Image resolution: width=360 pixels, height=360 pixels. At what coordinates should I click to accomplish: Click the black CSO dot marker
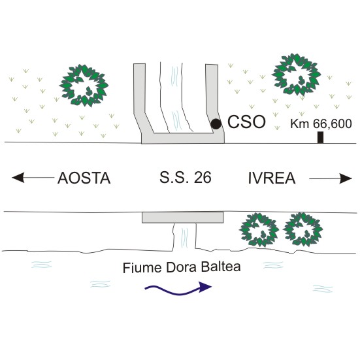coord(216,124)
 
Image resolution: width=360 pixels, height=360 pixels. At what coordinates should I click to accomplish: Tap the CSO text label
coord(246,122)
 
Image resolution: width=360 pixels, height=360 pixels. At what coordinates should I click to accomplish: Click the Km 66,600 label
coord(321,123)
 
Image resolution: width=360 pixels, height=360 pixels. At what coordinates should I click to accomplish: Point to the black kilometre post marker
coord(321,137)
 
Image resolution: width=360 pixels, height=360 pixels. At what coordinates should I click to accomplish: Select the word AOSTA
coord(84,178)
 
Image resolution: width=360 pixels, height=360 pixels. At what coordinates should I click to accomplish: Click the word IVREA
coord(272,178)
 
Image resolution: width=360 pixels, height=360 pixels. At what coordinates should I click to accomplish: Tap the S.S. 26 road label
coord(186,178)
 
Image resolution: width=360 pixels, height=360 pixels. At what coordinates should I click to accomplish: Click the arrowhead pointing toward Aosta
coord(18,178)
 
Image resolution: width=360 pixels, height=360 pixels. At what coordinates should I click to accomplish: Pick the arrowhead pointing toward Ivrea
coord(346,178)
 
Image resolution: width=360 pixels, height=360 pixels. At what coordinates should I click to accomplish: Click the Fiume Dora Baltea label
coord(182,267)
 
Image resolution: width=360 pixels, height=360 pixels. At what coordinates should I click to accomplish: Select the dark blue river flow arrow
coord(178,289)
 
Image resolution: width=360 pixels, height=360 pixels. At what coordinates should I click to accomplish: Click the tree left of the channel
coord(84,86)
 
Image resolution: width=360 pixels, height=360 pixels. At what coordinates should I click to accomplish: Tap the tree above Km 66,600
coord(296,74)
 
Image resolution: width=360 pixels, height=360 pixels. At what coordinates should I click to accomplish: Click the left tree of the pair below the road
coord(259,229)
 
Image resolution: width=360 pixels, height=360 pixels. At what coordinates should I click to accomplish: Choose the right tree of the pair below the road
coord(303,229)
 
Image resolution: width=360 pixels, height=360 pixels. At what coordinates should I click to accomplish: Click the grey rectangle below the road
coord(182,218)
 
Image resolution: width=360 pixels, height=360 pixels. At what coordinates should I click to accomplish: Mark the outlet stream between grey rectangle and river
coord(184,237)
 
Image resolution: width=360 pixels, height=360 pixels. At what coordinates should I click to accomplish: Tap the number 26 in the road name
coord(203,178)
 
